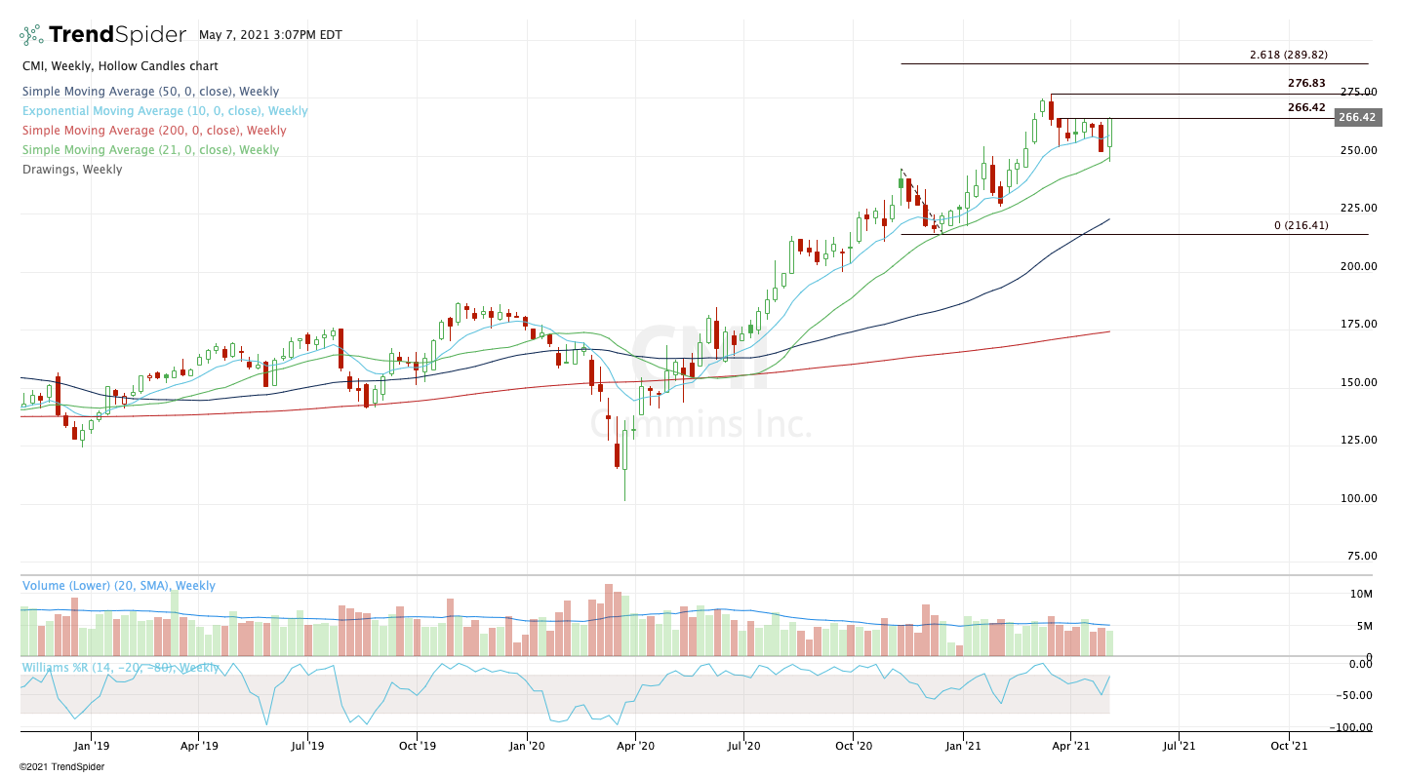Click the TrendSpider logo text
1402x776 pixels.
point(116,35)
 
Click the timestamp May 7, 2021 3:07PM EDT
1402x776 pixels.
point(270,34)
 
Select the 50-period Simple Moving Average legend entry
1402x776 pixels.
point(150,92)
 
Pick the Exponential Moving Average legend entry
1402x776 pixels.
point(165,111)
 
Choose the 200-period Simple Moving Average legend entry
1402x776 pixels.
point(154,131)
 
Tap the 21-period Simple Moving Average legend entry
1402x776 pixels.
point(150,150)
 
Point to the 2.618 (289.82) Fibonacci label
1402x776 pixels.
point(1288,56)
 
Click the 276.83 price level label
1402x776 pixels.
point(1306,84)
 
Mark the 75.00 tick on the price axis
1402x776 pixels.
point(1360,556)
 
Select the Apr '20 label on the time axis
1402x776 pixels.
point(635,747)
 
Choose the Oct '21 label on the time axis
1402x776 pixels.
point(1288,747)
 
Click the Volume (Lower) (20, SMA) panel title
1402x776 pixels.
point(118,586)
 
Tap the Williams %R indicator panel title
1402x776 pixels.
point(120,668)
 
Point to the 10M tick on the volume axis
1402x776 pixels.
point(1362,594)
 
